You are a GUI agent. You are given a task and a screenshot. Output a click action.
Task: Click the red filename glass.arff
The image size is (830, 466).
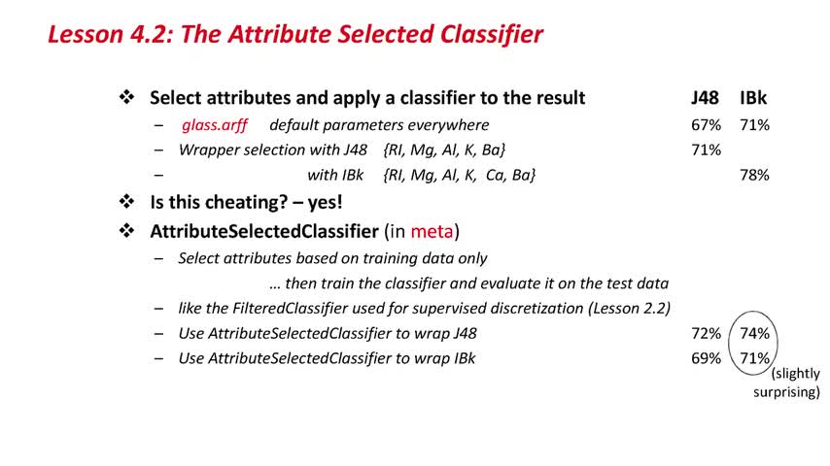(215, 125)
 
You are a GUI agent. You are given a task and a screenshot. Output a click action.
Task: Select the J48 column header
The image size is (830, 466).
(705, 98)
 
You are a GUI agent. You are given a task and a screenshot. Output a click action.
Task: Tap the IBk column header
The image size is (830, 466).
(753, 98)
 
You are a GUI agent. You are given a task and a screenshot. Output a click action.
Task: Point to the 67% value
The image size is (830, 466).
(707, 125)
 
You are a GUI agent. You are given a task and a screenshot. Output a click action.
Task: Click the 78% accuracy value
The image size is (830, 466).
(754, 175)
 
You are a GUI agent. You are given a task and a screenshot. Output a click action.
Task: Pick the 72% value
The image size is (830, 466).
(707, 333)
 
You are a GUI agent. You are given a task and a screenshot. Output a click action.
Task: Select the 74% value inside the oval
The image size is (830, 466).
(754, 333)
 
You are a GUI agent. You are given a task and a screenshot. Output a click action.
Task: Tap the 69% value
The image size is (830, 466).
(707, 358)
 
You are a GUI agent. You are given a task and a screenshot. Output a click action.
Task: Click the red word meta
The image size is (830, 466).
(432, 231)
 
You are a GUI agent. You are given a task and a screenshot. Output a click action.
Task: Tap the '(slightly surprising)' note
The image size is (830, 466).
(786, 383)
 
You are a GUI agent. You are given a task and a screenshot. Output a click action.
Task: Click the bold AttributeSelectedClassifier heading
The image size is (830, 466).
(264, 231)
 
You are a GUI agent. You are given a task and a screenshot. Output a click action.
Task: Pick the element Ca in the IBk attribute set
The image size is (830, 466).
(495, 175)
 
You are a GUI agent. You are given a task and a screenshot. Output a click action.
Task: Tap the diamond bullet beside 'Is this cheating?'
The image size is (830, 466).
(126, 202)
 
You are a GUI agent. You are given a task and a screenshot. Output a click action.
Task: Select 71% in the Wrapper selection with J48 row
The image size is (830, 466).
(707, 150)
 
